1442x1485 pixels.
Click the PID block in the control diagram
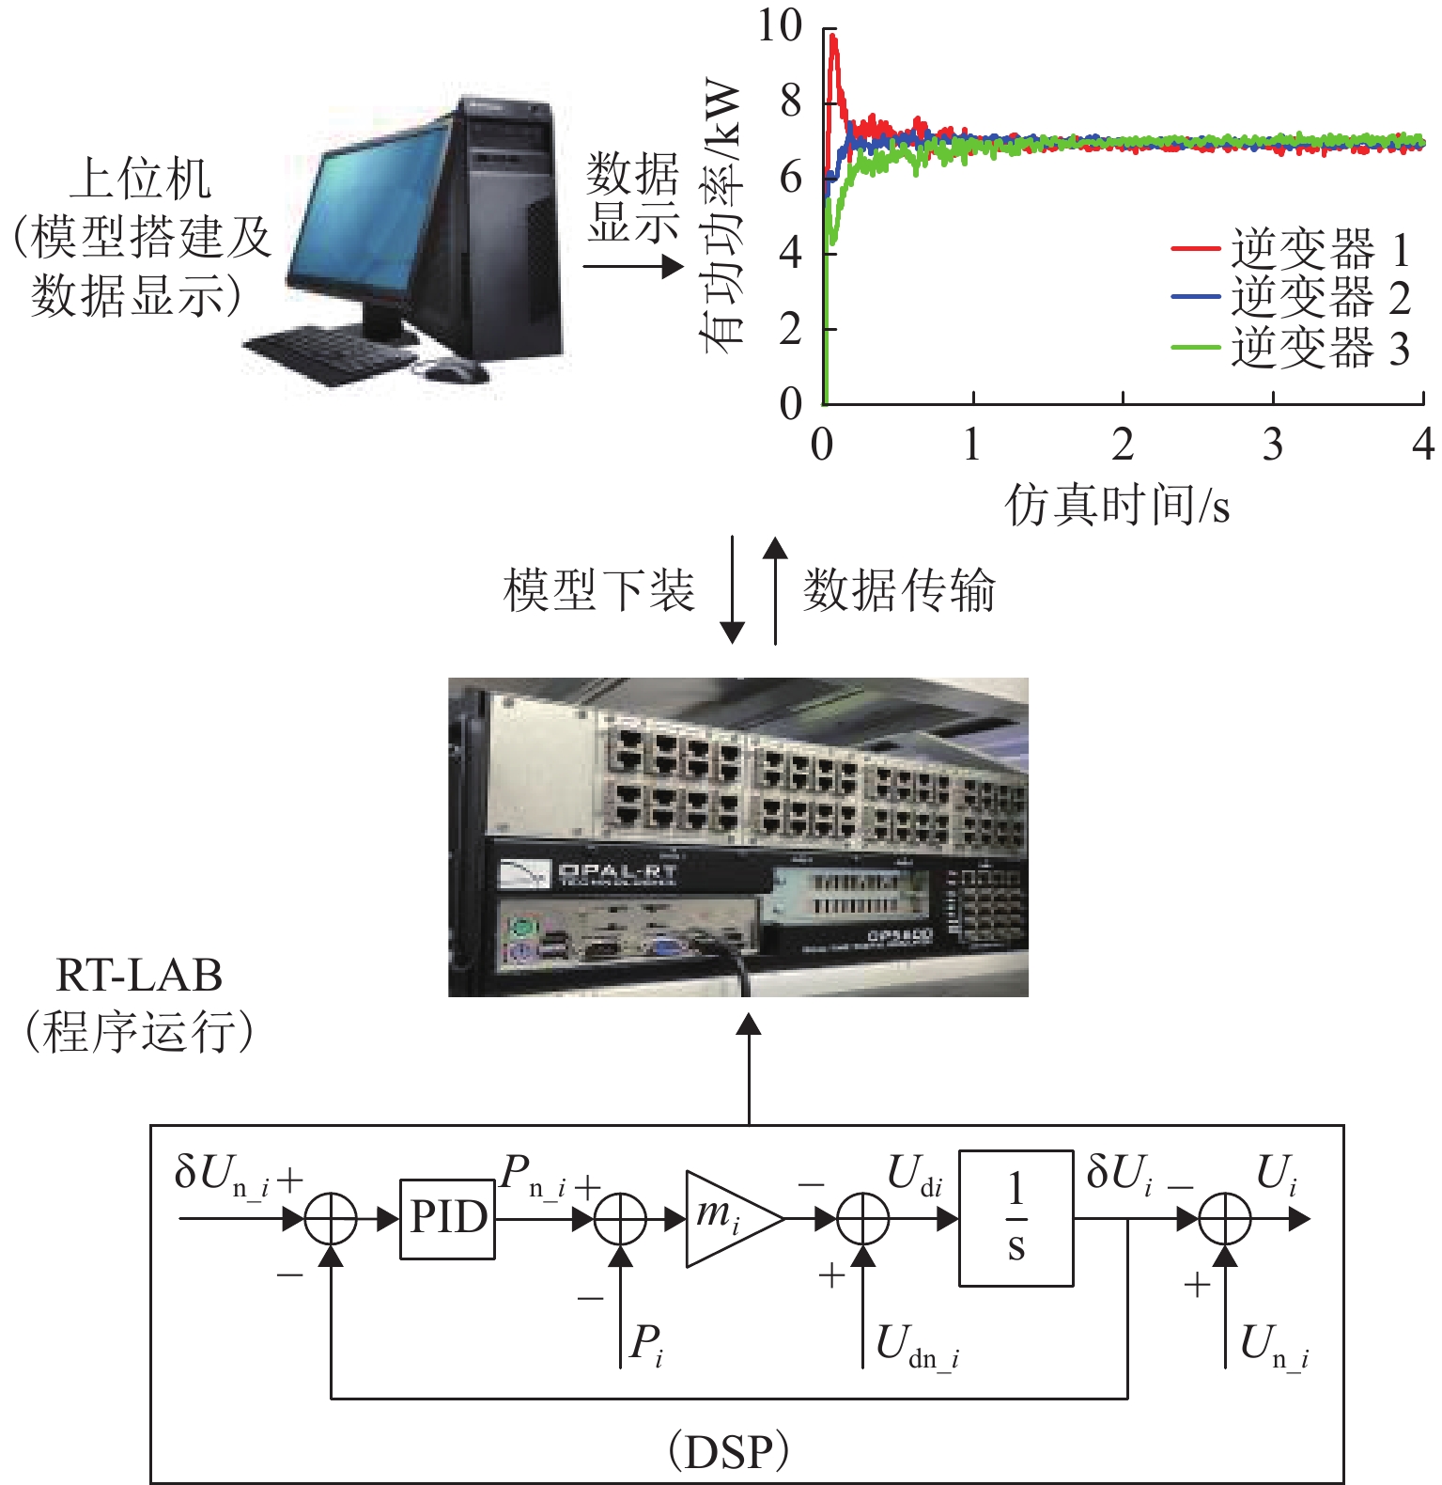pyautogui.click(x=447, y=1219)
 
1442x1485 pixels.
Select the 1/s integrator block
pyautogui.click(x=1016, y=1217)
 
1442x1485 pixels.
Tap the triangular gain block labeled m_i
pyautogui.click(x=728, y=1218)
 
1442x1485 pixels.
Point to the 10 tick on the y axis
pyautogui.click(x=781, y=26)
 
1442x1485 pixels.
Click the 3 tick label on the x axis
pyautogui.click(x=1272, y=445)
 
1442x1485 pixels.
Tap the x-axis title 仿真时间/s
pyautogui.click(x=1117, y=506)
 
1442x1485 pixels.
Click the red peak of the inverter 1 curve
pyautogui.click(x=832, y=38)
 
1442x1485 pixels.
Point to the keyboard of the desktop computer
pyautogui.click(x=329, y=355)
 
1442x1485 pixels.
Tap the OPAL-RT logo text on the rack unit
pyautogui.click(x=616, y=874)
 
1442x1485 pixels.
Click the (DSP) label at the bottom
pyautogui.click(x=728, y=1452)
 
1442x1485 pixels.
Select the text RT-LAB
pyautogui.click(x=139, y=976)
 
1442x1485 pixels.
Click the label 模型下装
pyautogui.click(x=598, y=590)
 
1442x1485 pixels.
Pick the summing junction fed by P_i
pyautogui.click(x=621, y=1219)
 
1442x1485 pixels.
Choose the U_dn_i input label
pyautogui.click(x=916, y=1346)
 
